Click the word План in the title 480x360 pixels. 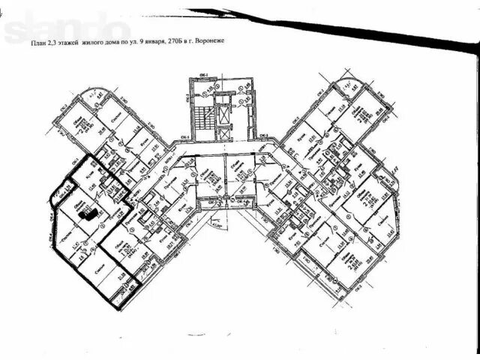(37, 44)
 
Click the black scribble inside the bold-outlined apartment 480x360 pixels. (88, 214)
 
